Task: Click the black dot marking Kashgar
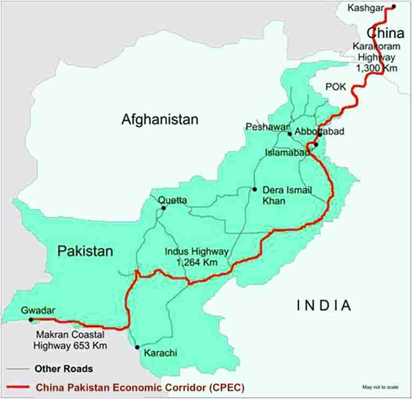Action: (x=394, y=6)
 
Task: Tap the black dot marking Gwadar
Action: (x=31, y=320)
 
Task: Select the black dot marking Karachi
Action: (x=137, y=347)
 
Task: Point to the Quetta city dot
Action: (x=164, y=208)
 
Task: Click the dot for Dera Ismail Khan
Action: (x=254, y=189)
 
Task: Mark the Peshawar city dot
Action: (x=290, y=134)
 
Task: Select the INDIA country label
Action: (x=324, y=306)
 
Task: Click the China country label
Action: (x=386, y=34)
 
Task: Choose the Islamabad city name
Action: (x=287, y=153)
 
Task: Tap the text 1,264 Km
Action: (x=197, y=262)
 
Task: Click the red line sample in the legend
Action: (x=17, y=387)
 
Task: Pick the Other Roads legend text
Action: (x=64, y=369)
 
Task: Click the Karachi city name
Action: (x=160, y=354)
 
